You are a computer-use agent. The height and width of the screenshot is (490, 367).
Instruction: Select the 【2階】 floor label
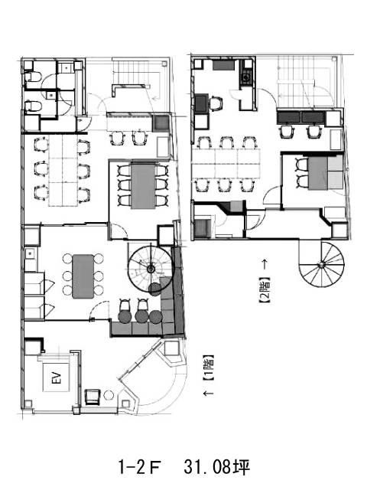point(265,290)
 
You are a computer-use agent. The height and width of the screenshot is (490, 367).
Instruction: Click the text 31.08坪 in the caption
point(217,467)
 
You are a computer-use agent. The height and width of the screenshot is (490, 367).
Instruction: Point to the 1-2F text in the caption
point(139,467)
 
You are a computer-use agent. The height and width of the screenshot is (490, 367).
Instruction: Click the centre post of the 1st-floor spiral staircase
point(151,269)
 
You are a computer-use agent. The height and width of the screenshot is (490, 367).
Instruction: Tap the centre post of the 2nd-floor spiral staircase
point(321,265)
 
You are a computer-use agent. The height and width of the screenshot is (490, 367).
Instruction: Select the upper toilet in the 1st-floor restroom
point(33,77)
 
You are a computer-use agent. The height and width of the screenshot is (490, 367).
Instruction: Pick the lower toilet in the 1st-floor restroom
point(33,106)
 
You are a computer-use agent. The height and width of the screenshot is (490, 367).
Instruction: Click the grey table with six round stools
point(83,276)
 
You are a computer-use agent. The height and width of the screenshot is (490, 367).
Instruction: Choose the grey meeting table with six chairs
point(143,185)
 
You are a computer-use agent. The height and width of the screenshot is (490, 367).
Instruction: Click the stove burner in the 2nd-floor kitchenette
point(246,76)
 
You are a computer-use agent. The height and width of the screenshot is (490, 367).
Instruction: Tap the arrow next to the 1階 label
point(209,393)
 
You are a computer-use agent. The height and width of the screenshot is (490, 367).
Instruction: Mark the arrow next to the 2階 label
point(265,264)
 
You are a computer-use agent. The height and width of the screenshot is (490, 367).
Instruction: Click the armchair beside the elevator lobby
point(93,397)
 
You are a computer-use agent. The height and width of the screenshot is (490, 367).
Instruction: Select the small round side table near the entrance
point(109,395)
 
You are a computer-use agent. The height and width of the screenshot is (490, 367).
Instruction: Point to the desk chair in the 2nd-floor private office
point(216,103)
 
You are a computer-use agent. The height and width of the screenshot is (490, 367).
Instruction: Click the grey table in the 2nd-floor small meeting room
point(318,174)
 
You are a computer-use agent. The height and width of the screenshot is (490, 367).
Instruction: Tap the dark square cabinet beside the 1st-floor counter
point(161,122)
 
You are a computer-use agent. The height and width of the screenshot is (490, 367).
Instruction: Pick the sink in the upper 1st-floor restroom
point(67,67)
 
